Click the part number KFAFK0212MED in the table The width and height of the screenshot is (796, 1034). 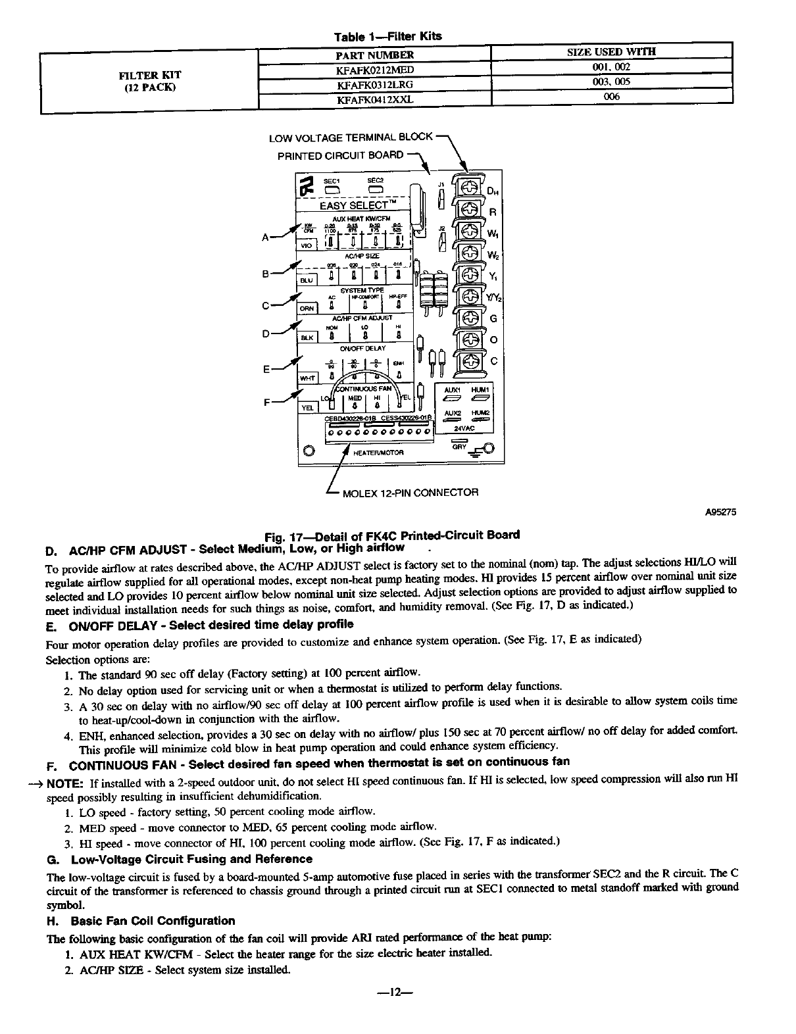click(374, 69)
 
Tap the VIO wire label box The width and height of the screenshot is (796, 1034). click(307, 243)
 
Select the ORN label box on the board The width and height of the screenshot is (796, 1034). click(307, 308)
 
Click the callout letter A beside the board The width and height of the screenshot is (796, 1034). click(266, 237)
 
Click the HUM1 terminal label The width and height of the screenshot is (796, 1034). click(480, 389)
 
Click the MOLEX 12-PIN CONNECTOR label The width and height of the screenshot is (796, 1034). click(410, 492)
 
